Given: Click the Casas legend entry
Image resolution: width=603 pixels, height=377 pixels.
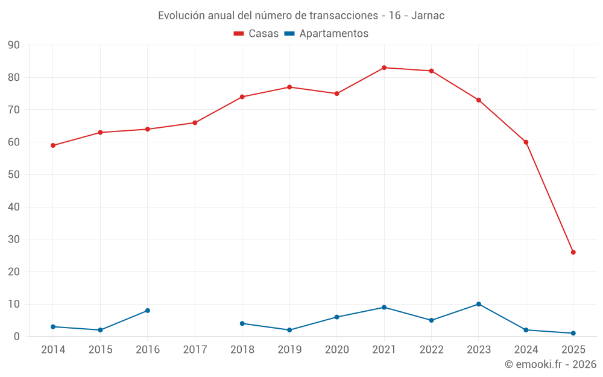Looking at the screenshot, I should (x=256, y=34).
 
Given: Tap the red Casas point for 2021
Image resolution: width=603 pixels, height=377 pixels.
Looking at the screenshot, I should (x=384, y=68).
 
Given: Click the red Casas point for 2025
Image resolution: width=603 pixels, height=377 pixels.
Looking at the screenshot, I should (x=573, y=252).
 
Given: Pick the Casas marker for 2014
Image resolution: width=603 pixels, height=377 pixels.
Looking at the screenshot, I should (x=53, y=145).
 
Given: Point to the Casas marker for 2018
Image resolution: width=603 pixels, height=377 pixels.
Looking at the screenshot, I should (x=242, y=97).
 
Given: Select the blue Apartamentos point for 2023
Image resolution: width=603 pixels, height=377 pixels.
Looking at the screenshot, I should (x=479, y=304).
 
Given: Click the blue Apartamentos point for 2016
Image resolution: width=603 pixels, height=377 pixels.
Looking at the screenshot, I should (x=148, y=311).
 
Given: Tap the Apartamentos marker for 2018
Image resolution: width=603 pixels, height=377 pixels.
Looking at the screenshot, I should (x=242, y=323).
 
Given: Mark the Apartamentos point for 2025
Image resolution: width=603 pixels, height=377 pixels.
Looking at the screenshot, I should (x=573, y=333).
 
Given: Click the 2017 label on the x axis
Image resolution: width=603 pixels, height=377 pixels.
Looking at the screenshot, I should (x=195, y=350).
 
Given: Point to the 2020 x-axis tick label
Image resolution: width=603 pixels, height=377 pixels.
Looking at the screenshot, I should (x=337, y=350).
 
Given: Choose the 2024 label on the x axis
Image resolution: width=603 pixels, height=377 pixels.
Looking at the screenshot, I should (x=526, y=350).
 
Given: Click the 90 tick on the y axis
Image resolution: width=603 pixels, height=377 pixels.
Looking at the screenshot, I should (x=14, y=45).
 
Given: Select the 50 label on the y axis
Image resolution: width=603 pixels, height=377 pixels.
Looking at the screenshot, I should (x=14, y=175).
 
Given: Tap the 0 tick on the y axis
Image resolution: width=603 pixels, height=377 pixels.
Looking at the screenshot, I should (x=17, y=337).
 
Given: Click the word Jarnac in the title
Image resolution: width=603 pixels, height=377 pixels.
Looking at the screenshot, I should (x=428, y=16).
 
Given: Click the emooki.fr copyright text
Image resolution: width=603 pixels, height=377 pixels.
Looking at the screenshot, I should (x=550, y=364).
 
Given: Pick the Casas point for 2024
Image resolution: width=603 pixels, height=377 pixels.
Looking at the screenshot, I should (x=526, y=142).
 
